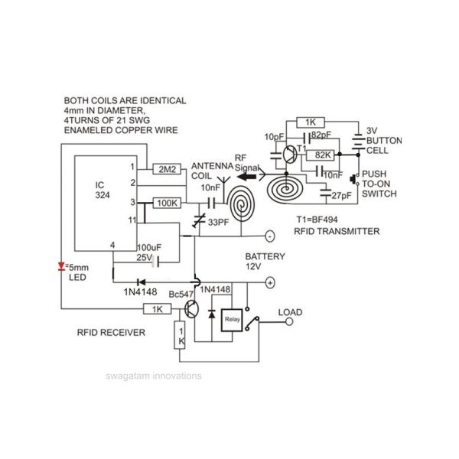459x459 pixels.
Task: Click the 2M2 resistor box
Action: coord(167,169)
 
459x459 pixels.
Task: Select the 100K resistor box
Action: coord(167,203)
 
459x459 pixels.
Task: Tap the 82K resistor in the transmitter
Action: coord(321,155)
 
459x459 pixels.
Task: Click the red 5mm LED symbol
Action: coord(61,266)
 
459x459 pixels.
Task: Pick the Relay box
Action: coord(232,320)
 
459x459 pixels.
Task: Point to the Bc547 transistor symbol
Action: coord(191,309)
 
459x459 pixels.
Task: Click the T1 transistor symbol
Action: coord(290,154)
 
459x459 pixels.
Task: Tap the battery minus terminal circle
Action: coord(270,236)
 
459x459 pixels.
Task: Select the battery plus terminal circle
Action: coord(270,283)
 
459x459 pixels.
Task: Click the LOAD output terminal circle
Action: coord(289,322)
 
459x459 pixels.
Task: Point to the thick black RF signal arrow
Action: coord(246,177)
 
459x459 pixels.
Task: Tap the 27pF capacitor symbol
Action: coord(326,193)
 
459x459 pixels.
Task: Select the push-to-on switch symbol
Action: coord(355,179)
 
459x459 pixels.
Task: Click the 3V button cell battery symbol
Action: coord(358,142)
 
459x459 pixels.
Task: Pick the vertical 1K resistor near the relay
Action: coord(180,335)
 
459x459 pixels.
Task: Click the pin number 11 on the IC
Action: coord(132,220)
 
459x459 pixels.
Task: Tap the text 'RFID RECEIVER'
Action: coord(111,333)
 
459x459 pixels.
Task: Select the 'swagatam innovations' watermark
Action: coord(154,376)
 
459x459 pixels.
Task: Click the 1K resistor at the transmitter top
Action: coord(311,122)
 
